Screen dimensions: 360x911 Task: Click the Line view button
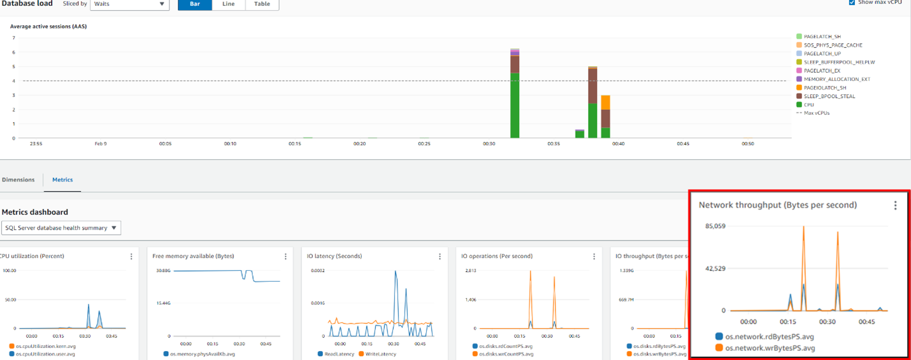point(228,4)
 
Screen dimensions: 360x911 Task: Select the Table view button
point(262,4)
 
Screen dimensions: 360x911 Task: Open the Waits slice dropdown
point(129,4)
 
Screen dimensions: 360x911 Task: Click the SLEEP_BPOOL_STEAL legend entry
point(829,96)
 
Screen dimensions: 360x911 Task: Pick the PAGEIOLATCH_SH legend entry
point(824,88)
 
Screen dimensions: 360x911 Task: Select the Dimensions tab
point(18,180)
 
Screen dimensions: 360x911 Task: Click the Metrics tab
point(62,180)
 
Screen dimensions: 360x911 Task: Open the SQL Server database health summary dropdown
point(61,227)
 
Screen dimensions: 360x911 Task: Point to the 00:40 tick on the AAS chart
point(618,144)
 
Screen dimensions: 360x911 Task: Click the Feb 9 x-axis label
point(101,144)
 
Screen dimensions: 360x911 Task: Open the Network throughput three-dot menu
point(895,205)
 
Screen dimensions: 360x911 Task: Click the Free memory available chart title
point(193,256)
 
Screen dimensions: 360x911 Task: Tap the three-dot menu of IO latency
point(440,256)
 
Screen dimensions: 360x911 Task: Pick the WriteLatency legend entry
point(380,354)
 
